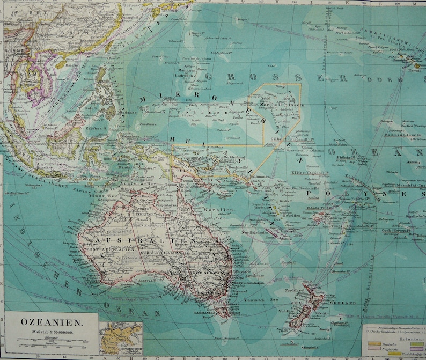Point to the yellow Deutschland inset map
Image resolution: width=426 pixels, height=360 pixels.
(x=121, y=339)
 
